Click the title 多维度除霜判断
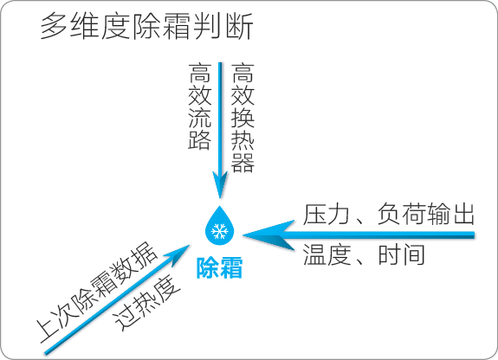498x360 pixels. coord(146,26)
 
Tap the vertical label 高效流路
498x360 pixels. coord(200,106)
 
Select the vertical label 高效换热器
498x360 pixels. coord(243,118)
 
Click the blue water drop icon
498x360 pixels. coord(219,225)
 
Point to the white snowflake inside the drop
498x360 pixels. coord(220,231)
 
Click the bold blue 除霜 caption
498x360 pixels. coord(219,267)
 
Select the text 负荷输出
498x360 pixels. coord(426,215)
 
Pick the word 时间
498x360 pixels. coord(402,254)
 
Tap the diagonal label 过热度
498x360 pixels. coord(147,304)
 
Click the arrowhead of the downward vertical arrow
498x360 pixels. coord(220,184)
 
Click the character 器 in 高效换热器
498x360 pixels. coord(243,163)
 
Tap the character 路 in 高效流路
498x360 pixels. coord(200,140)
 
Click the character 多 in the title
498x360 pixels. coord(54,26)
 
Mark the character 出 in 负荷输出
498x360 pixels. coord(462,215)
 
